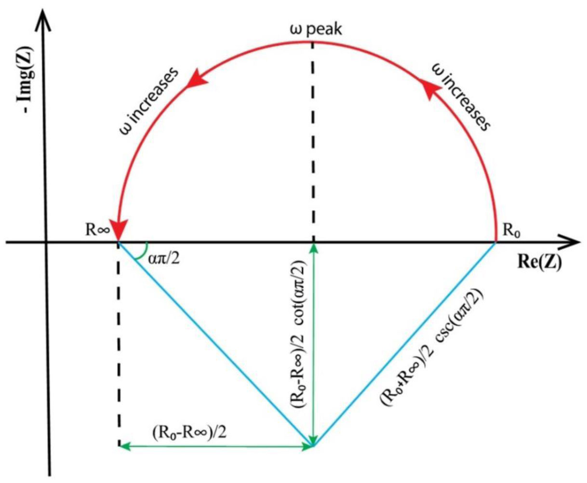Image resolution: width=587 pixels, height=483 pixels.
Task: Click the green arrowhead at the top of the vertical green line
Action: point(313,249)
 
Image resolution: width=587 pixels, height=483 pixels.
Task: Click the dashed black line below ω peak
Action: point(313,140)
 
